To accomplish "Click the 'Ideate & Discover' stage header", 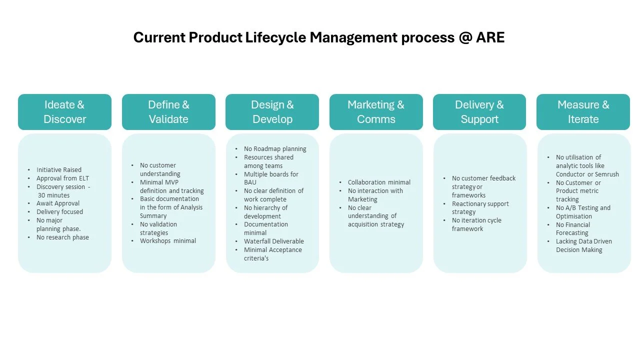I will (x=64, y=112).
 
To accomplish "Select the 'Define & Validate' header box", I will (x=168, y=112).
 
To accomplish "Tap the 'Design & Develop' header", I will (x=272, y=112).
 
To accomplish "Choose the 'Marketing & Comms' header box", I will (x=376, y=112).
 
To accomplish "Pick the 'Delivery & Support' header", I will (x=479, y=112).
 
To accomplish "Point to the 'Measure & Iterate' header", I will (x=583, y=112).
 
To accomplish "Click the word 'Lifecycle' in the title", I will (x=275, y=37).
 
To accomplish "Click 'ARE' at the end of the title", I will (x=490, y=37).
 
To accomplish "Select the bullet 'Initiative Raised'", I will (x=58, y=170).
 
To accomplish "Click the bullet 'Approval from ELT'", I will (x=62, y=178).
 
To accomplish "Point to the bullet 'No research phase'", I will (x=62, y=237).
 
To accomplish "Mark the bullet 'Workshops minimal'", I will (x=168, y=241).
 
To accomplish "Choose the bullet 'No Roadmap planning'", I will (x=275, y=149).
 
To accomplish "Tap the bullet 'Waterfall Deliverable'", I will (x=273, y=241).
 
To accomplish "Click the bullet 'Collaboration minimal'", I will (x=379, y=182).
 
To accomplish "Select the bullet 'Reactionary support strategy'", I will (x=480, y=208).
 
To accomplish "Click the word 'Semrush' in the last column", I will (x=607, y=174).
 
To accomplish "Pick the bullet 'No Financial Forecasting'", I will (x=573, y=229).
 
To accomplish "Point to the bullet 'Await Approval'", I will (x=58, y=203).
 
